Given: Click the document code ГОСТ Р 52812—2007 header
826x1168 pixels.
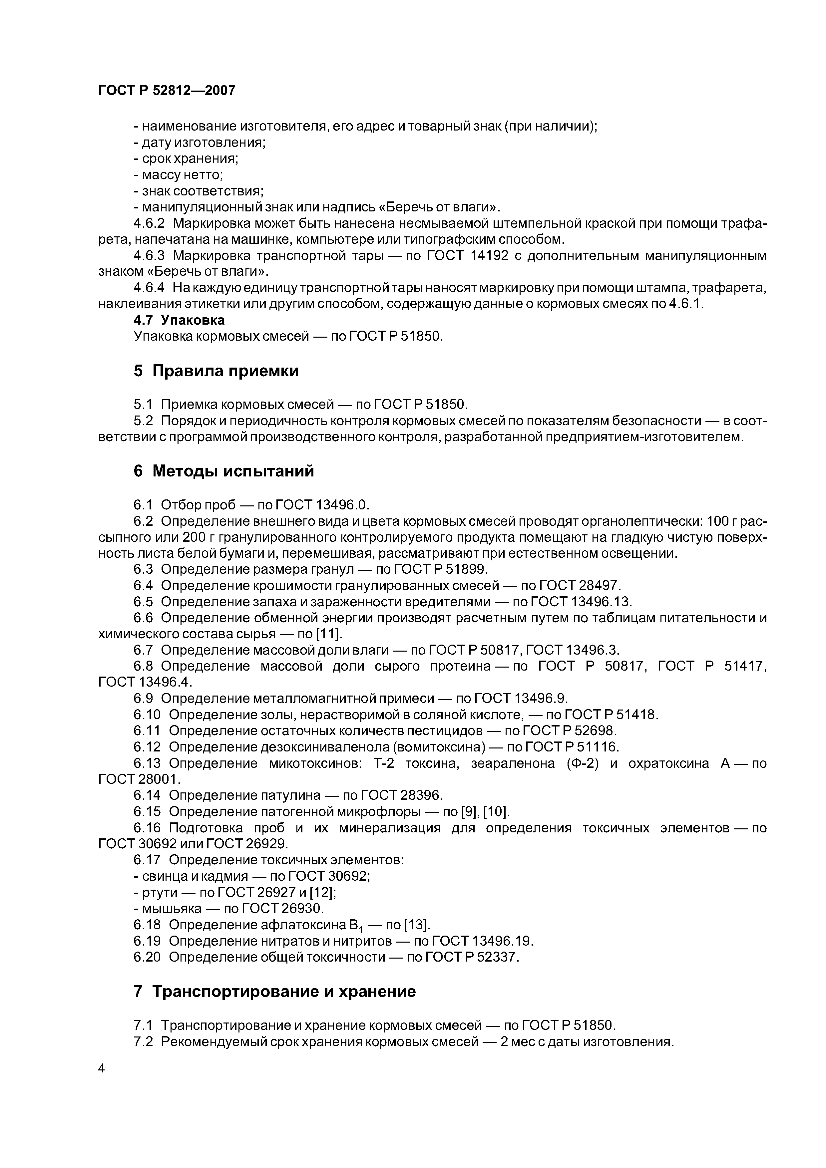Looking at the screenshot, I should pos(167,91).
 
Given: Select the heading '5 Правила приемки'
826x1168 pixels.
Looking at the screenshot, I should pos(216,371).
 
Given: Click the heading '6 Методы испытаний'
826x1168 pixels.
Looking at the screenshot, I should pos(223,471).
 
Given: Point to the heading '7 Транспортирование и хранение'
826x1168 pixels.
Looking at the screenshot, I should pos(274,992).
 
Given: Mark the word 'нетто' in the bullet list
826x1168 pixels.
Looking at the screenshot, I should pos(203,175).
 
